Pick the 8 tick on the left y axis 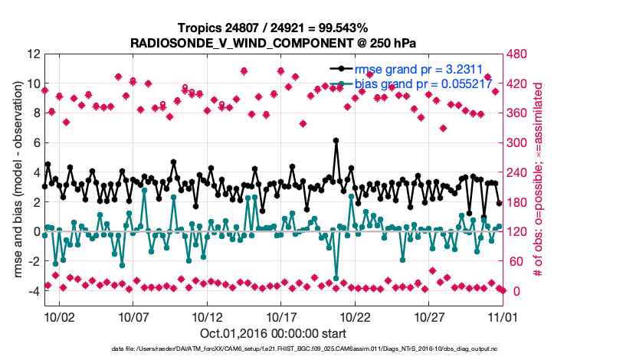(x=35, y=113)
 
